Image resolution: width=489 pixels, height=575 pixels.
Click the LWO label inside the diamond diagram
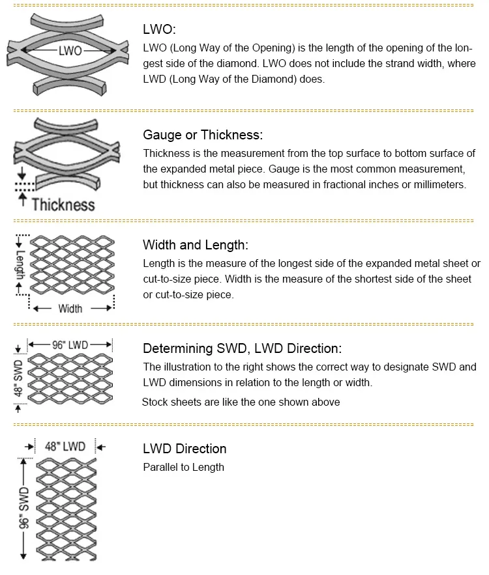(x=70, y=50)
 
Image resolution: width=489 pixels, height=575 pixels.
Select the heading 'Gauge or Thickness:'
(x=203, y=135)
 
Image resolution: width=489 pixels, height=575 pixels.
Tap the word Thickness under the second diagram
(x=63, y=204)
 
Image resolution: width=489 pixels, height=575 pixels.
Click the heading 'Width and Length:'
(x=196, y=245)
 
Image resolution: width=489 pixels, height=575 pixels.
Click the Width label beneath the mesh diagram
(x=70, y=308)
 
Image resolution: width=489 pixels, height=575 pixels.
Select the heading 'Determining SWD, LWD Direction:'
(x=242, y=348)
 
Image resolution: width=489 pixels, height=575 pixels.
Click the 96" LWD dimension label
(x=70, y=344)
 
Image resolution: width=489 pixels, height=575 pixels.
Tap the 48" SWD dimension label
(x=18, y=379)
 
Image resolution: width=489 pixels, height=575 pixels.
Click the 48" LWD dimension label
(x=65, y=447)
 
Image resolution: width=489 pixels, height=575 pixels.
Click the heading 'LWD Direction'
(x=185, y=449)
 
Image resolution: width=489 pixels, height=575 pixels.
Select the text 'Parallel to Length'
(x=183, y=467)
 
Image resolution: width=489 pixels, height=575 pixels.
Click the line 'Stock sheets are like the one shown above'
(x=241, y=402)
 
